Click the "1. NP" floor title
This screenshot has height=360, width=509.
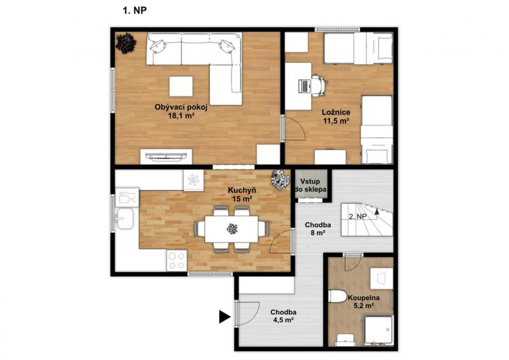click(x=135, y=11)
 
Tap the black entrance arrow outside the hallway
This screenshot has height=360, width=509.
click(x=225, y=317)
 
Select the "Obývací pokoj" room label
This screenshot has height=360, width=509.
click(x=181, y=107)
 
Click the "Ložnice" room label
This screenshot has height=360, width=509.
click(x=336, y=113)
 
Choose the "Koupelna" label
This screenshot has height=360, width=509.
click(x=364, y=298)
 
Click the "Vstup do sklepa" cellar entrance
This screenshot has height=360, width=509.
click(x=310, y=185)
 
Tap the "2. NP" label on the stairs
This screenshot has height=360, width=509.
click(x=358, y=216)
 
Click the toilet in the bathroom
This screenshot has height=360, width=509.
click(x=338, y=296)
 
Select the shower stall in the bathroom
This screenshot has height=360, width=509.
click(x=378, y=330)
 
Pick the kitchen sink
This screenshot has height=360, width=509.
click(x=124, y=218)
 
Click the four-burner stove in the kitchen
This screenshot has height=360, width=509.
click(x=177, y=261)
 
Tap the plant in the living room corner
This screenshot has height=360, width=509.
click(x=126, y=43)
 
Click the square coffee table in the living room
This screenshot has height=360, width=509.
click(x=181, y=86)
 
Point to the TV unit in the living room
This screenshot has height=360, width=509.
click(x=166, y=156)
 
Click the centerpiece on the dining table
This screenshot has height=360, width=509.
click(x=232, y=229)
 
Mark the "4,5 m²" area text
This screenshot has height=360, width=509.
click(x=282, y=320)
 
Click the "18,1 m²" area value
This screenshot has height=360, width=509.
click(x=181, y=115)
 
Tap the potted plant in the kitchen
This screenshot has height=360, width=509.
click(x=281, y=180)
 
